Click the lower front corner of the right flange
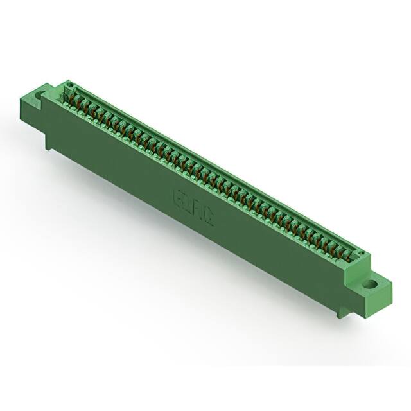click(368, 313)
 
